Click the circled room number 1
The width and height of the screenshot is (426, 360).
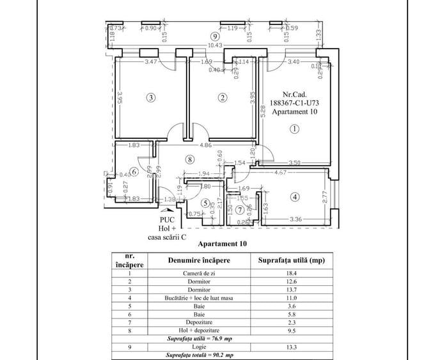[294, 128]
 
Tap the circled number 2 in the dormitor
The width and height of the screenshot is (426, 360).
[222, 98]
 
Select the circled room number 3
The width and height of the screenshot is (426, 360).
[150, 98]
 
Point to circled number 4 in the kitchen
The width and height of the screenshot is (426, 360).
[294, 197]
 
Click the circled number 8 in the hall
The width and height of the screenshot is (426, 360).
[189, 159]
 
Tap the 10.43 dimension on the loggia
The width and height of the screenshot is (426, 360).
[216, 45]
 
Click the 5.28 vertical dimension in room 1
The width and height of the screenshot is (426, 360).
[264, 115]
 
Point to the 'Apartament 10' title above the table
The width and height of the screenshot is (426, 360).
[222, 244]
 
